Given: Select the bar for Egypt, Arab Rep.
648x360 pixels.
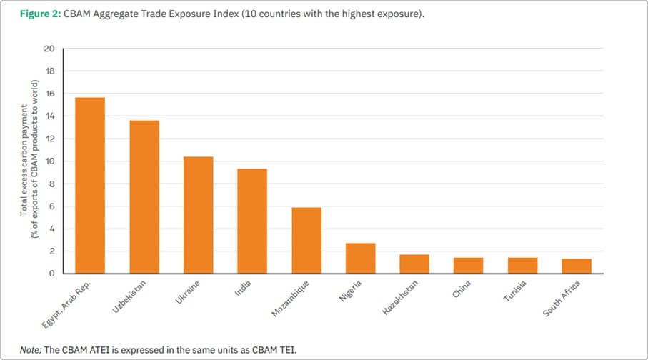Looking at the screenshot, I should [x=90, y=186].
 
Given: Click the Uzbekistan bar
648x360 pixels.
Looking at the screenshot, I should [x=144, y=197].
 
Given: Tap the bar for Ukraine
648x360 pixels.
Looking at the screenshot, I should [x=198, y=215].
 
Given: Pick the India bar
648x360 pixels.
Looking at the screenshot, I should [x=252, y=221].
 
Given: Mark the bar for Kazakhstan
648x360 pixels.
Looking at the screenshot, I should [x=414, y=264].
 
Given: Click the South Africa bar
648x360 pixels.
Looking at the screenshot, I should [x=577, y=266].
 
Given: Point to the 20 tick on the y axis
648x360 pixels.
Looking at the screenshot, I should [x=49, y=49].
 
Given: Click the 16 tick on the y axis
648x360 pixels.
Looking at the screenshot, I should [x=49, y=94].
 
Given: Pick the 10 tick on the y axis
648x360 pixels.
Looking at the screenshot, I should [x=49, y=161].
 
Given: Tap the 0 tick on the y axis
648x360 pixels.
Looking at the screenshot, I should [x=51, y=274].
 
